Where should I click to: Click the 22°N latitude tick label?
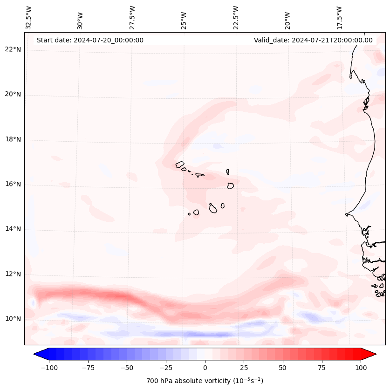[x=13, y=50]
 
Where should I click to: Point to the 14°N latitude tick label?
[x=13, y=229]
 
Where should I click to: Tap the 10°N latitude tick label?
[x=13, y=319]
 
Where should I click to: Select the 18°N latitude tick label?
[x=13, y=139]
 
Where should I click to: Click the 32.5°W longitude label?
[x=29, y=17]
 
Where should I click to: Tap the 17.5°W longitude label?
[x=339, y=17]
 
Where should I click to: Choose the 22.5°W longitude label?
[x=236, y=17]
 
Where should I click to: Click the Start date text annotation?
[x=90, y=40]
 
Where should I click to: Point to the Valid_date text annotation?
[x=313, y=40]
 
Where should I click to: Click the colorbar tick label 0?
[x=205, y=368]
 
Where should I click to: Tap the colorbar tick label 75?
[x=322, y=368]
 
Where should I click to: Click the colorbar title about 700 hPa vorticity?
[x=205, y=381]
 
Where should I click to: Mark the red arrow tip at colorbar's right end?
[x=375, y=354]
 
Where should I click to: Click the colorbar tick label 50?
[x=282, y=368]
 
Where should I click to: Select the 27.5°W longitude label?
[x=132, y=17]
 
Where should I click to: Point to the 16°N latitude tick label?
[x=13, y=185]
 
